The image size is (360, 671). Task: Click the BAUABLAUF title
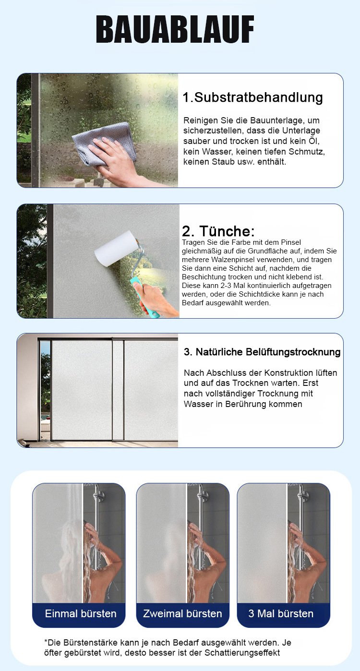(x=175, y=30)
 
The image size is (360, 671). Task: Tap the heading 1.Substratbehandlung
(x=253, y=97)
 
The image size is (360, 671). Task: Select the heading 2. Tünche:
(x=218, y=231)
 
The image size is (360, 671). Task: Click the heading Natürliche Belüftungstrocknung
(x=268, y=352)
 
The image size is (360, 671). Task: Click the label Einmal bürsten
(x=81, y=613)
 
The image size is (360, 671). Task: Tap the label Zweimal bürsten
(x=182, y=613)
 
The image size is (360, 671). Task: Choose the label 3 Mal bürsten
(x=281, y=613)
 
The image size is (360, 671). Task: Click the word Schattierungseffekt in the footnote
(x=242, y=652)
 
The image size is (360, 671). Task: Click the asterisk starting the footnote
(x=46, y=641)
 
